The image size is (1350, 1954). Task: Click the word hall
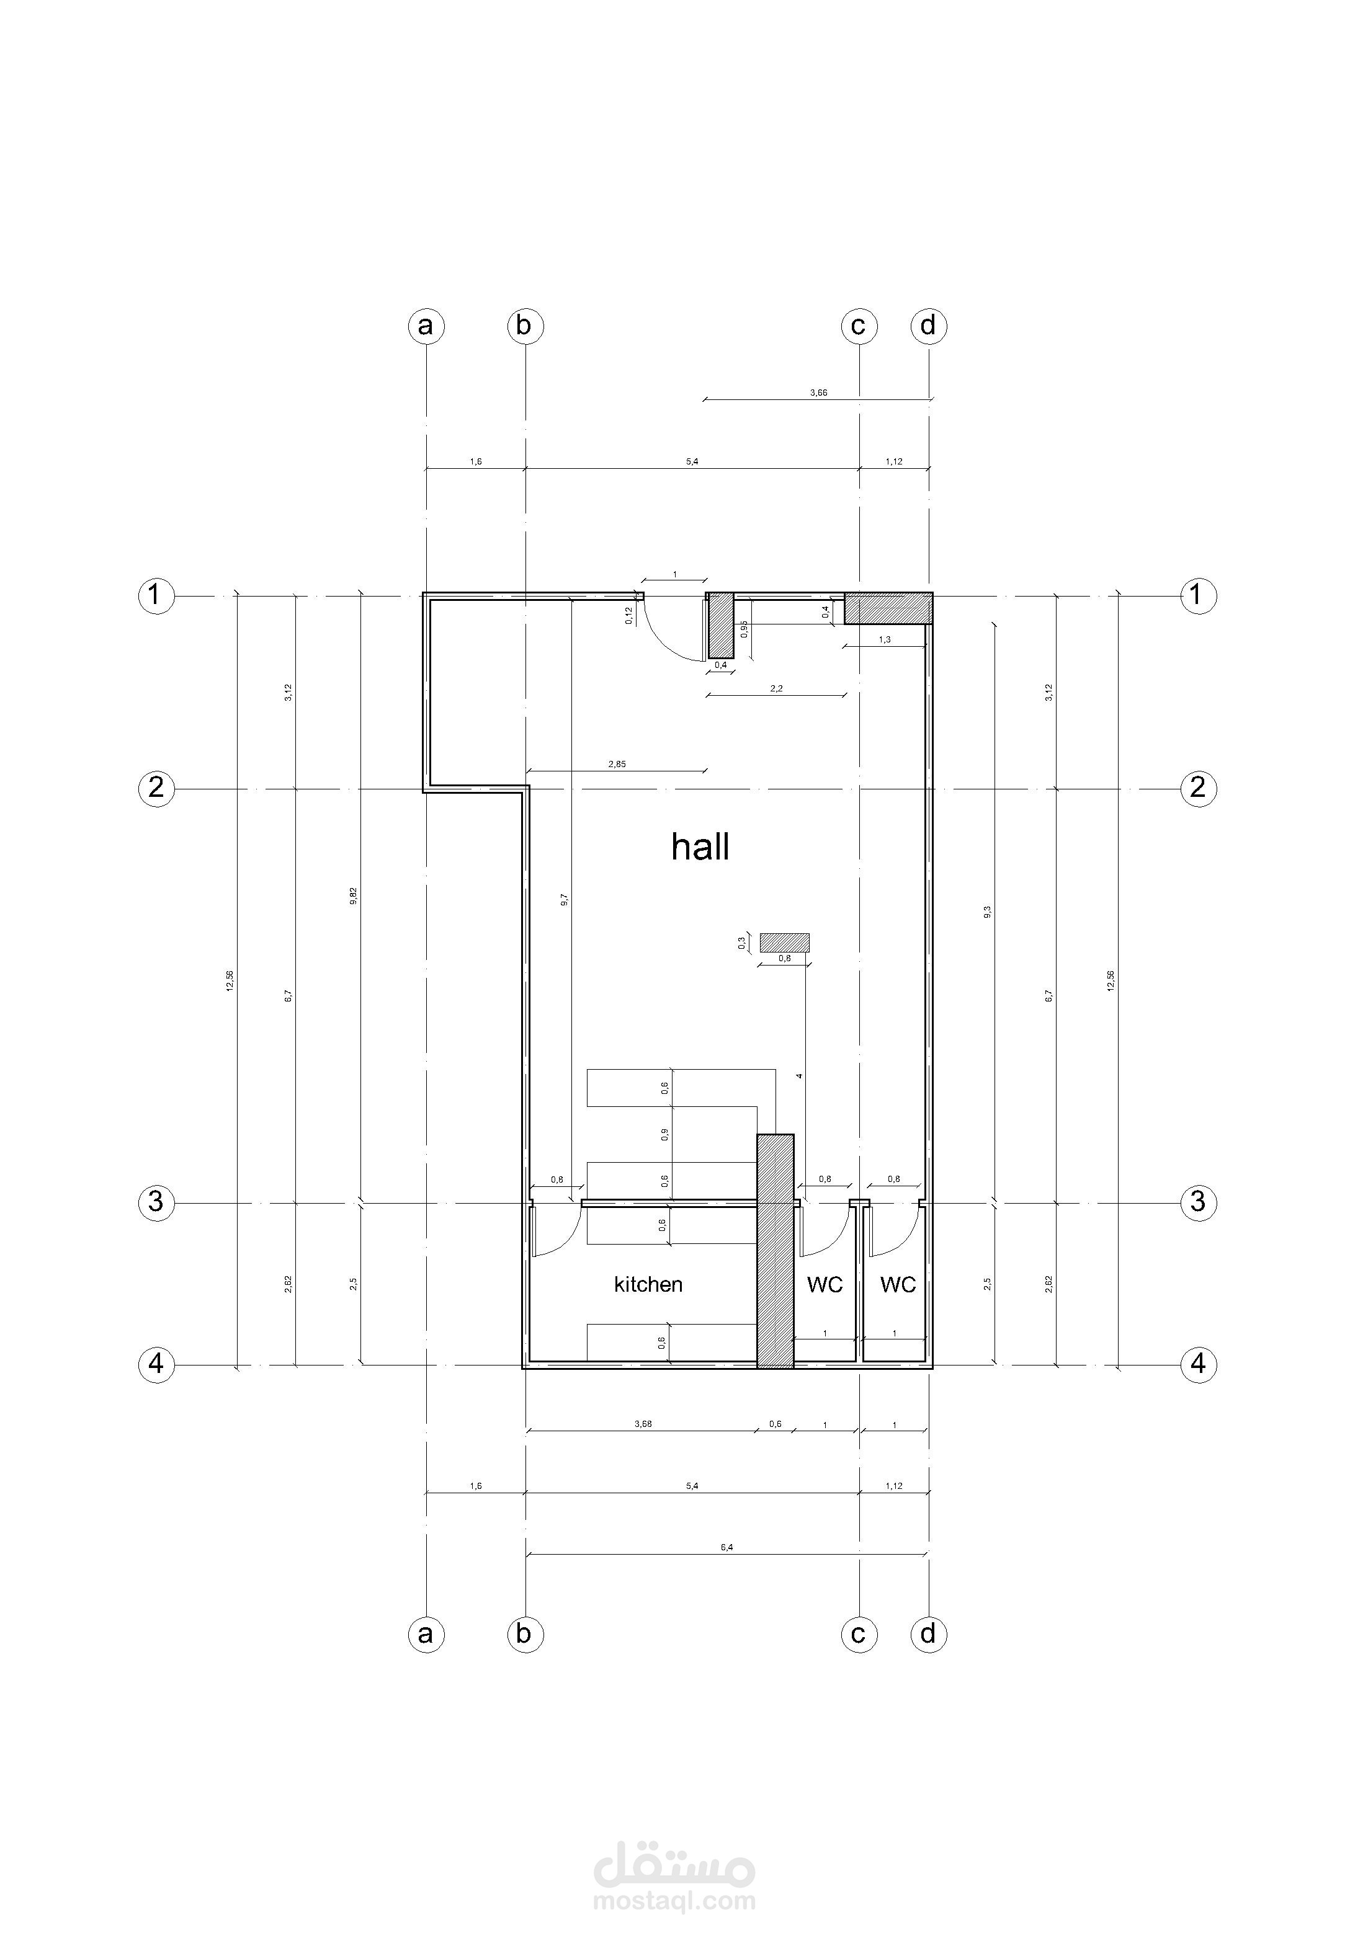700,846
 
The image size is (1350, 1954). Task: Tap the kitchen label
648,1284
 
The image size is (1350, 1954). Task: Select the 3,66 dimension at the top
818,393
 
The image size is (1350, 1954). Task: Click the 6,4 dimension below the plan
726,1547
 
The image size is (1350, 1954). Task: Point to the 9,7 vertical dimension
564,900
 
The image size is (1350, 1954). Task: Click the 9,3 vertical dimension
987,912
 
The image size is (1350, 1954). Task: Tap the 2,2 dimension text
777,689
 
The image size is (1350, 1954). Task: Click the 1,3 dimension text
885,640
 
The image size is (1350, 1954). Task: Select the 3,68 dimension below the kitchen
643,1424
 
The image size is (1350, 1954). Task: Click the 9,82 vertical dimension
353,895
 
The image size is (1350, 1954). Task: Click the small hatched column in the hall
784,942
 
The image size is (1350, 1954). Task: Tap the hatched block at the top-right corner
888,608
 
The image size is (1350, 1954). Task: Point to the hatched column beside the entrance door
721,625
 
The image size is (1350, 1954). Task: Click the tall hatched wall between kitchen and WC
775,1251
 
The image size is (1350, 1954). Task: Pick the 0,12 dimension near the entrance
628,616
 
